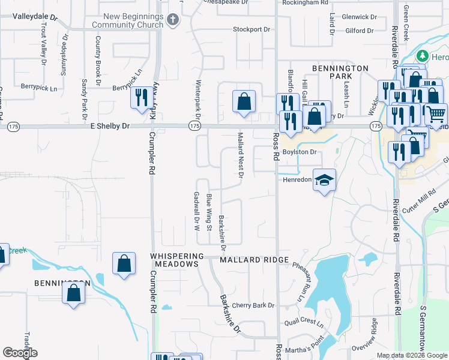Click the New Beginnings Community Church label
pos(133,20)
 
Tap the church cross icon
pos(173,20)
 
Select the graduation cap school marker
pos(324,180)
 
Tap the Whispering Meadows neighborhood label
pos(174,260)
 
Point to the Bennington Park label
pos(339,73)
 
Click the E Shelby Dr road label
pos(110,126)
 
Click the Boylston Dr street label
pos(300,152)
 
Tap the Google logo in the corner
pos(20,353)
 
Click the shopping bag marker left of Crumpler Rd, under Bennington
pos(74,294)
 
